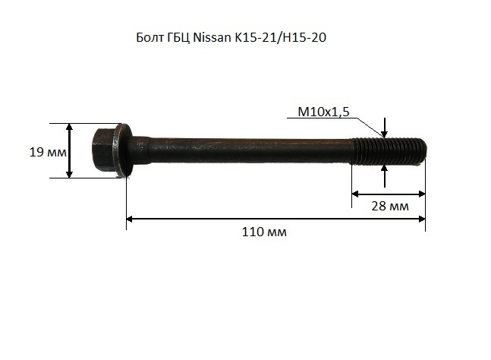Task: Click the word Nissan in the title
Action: click(x=212, y=38)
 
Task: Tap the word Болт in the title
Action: click(x=149, y=38)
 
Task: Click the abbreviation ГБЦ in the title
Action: click(x=178, y=38)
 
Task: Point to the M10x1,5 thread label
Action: click(x=323, y=112)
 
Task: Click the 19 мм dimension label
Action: click(x=48, y=152)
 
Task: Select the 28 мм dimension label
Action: click(x=390, y=206)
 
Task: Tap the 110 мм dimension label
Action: click(x=264, y=232)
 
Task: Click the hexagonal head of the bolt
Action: click(x=103, y=150)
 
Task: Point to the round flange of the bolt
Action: click(x=122, y=150)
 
